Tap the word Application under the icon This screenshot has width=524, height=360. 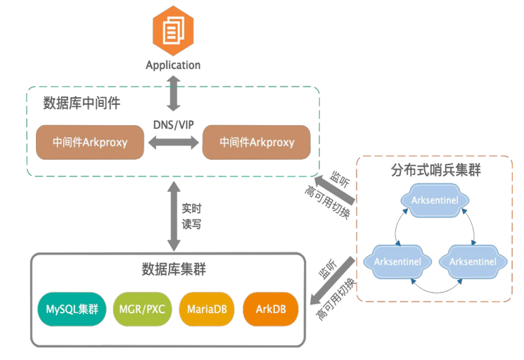pos(173,65)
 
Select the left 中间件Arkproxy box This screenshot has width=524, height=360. pos(90,142)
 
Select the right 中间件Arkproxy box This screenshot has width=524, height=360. pos(257,142)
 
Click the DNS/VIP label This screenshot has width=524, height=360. pos(173,124)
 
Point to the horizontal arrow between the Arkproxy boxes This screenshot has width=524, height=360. pos(173,143)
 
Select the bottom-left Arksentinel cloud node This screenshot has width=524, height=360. pos(398,262)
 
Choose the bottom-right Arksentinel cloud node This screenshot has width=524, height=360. pos(472,262)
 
